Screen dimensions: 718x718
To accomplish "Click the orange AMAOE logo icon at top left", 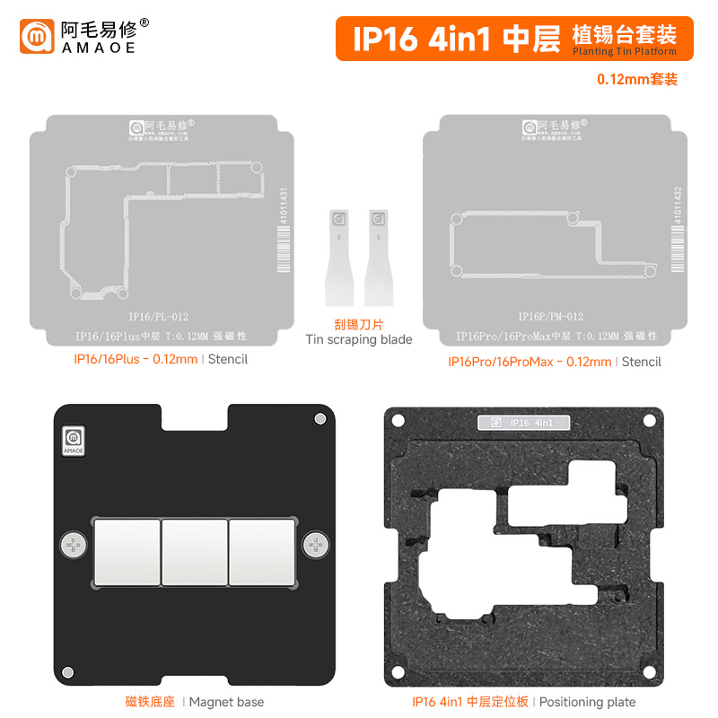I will [37, 37].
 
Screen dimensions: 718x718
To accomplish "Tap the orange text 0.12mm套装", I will [637, 79].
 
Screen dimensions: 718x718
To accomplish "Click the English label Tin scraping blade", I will [359, 339].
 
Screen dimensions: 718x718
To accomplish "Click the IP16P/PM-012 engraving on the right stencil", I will [549, 316].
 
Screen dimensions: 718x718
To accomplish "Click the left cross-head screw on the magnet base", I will [72, 544].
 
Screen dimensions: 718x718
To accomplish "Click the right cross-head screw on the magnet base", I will [315, 544].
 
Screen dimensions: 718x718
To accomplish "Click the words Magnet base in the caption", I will [228, 702].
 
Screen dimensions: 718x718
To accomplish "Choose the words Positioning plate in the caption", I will [587, 702].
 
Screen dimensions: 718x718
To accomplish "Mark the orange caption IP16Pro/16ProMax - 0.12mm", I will [530, 362].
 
